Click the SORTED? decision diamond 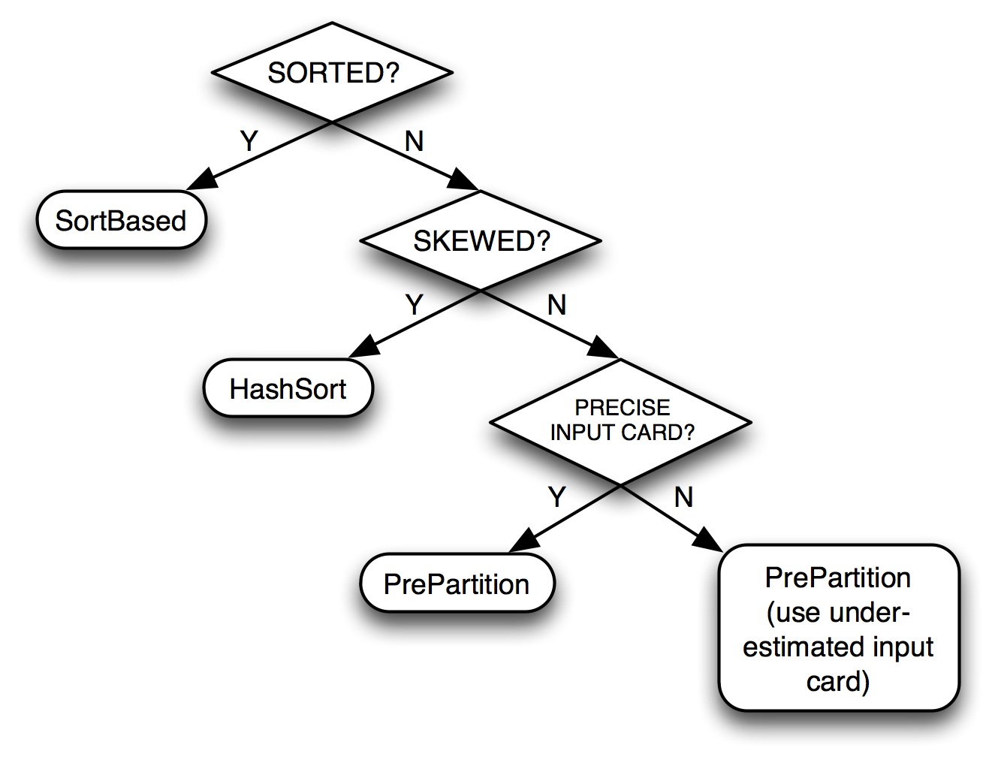click(332, 72)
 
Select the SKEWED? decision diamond click(481, 240)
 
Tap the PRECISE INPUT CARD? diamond click(620, 421)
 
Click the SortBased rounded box click(121, 220)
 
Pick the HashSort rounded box click(288, 388)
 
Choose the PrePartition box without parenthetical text click(457, 584)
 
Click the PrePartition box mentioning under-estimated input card click(839, 628)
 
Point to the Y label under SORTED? click(249, 140)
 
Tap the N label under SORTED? click(414, 141)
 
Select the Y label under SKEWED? click(415, 304)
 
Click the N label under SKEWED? click(556, 305)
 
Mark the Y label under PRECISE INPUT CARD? click(557, 496)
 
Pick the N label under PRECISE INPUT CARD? click(683, 497)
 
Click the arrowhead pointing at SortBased click(202, 179)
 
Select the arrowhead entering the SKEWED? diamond click(463, 180)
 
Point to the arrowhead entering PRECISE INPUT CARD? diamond click(603, 348)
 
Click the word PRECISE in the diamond click(622, 408)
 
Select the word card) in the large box click(838, 681)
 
